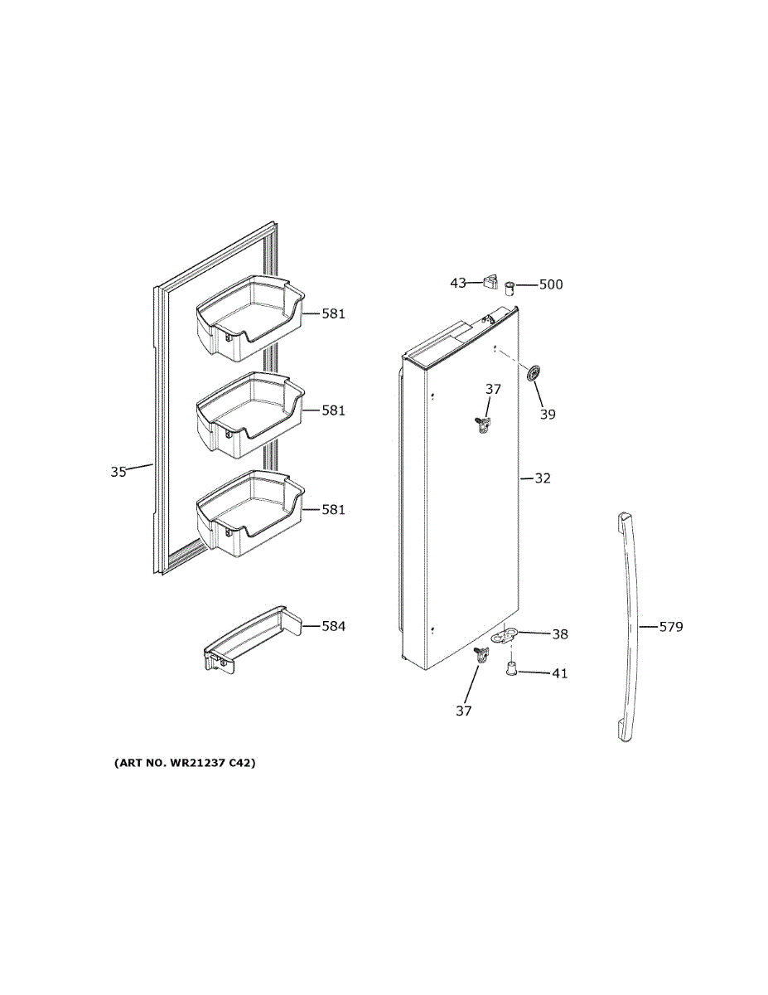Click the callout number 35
click(118, 472)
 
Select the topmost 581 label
click(333, 314)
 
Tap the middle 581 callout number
click(333, 410)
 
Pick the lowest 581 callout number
click(333, 510)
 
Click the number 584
click(333, 626)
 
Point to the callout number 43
click(458, 283)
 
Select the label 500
click(550, 284)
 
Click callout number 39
click(548, 414)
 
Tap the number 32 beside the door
click(542, 478)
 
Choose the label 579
click(670, 627)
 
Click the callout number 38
click(560, 634)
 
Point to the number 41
click(560, 673)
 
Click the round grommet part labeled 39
click(531, 374)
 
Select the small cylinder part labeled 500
click(510, 287)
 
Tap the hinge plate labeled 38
click(505, 636)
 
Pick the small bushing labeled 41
click(512, 668)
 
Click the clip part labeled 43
click(490, 283)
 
